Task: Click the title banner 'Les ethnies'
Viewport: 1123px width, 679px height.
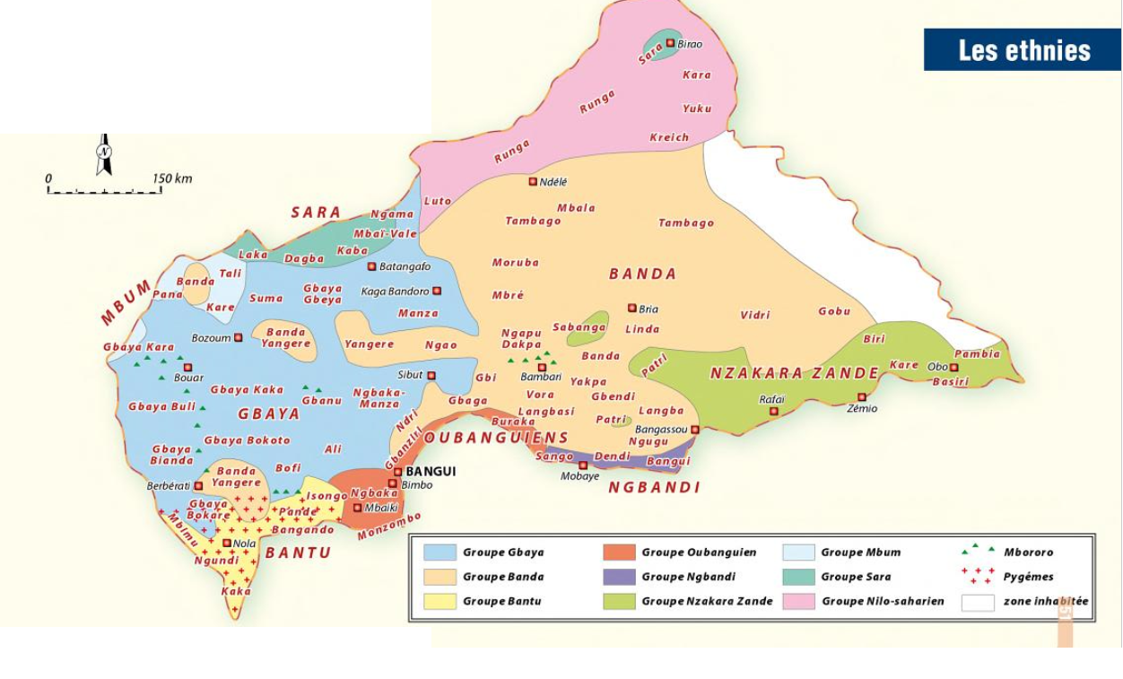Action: click(x=1023, y=50)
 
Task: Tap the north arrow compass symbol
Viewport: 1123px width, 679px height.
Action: click(x=104, y=156)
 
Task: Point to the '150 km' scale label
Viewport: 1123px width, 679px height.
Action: click(x=172, y=178)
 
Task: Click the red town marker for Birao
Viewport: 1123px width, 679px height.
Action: click(x=669, y=43)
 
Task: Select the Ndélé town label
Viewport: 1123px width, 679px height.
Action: click(x=553, y=182)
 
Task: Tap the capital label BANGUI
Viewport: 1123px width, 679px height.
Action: click(x=431, y=472)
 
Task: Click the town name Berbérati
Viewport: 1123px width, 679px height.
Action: click(x=168, y=486)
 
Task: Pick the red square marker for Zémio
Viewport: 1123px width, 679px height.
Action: click(x=861, y=397)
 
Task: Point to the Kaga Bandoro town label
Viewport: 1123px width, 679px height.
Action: click(x=395, y=292)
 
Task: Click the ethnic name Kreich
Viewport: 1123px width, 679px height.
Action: click(x=669, y=137)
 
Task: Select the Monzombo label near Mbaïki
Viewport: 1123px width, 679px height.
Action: click(x=389, y=527)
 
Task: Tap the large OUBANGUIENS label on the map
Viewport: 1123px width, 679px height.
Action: click(x=496, y=438)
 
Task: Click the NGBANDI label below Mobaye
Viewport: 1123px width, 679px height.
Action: click(x=654, y=488)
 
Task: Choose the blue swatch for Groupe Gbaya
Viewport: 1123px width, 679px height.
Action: click(x=440, y=553)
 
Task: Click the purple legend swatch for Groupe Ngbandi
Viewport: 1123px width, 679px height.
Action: click(x=619, y=577)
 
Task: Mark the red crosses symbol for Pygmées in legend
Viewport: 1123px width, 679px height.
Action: click(x=977, y=576)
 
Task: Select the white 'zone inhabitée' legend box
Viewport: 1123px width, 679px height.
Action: click(x=978, y=602)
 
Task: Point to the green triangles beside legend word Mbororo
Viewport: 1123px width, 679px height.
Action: click(x=977, y=549)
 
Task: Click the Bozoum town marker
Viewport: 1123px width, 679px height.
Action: click(x=238, y=338)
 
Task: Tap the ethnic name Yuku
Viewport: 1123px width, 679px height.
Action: click(x=697, y=109)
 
